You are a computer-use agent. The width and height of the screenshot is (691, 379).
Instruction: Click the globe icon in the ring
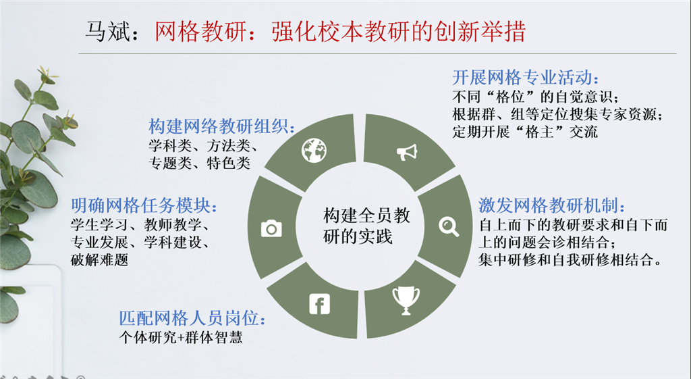[314, 150]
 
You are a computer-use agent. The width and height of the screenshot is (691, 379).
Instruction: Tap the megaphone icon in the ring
[407, 151]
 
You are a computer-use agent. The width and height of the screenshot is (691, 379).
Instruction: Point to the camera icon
[271, 228]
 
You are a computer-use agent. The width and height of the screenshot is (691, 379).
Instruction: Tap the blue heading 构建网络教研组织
[222, 126]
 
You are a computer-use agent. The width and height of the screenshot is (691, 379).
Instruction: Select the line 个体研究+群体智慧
[180, 336]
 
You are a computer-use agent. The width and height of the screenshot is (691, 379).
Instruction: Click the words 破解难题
[99, 260]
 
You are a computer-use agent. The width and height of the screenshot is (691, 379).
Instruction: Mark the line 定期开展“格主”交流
[525, 132]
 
